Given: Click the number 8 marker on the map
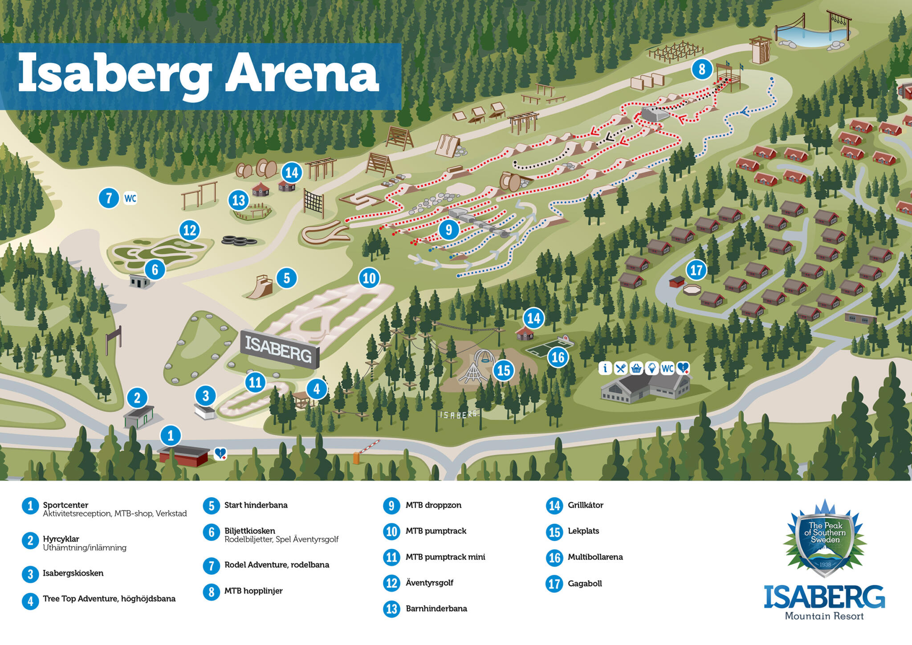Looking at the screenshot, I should tap(702, 69).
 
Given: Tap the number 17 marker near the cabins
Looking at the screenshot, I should tap(696, 270).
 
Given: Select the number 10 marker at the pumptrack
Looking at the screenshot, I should tap(369, 278).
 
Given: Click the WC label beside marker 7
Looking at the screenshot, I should tap(130, 198).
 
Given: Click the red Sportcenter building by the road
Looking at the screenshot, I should tap(183, 455).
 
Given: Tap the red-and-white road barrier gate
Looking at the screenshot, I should tap(368, 447).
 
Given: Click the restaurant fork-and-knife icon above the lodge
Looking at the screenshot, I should tap(621, 368).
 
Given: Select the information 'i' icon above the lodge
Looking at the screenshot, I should tap(605, 368).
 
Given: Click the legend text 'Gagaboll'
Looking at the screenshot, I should tap(585, 584).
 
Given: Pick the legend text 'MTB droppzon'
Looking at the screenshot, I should tap(433, 505).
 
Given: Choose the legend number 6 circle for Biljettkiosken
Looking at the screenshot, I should tap(211, 532).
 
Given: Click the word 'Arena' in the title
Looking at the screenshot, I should tap(302, 73).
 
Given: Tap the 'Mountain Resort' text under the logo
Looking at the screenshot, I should tap(824, 616).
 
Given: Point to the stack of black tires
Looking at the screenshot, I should tap(239, 241).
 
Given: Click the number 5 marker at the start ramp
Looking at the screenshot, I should tap(286, 278).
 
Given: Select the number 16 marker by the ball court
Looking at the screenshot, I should tap(558, 357).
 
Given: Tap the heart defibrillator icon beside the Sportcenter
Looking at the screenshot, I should tap(220, 453).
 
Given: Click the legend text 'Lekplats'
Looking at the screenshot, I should tap(583, 531).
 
